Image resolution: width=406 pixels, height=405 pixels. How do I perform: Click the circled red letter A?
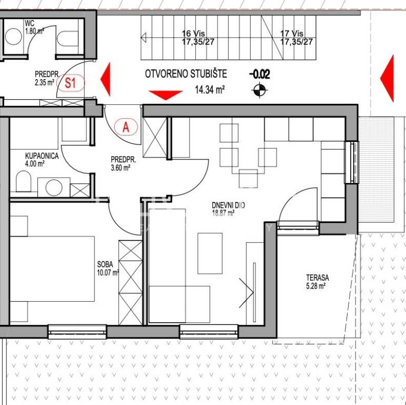pyautogui.click(x=126, y=127)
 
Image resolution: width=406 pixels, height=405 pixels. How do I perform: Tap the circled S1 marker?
pyautogui.click(x=71, y=83)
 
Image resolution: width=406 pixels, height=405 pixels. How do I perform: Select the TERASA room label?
pyautogui.click(x=318, y=278)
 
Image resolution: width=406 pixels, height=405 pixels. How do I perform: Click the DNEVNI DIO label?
pyautogui.click(x=228, y=205)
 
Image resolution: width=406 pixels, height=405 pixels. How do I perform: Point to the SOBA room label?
pyautogui.click(x=105, y=265)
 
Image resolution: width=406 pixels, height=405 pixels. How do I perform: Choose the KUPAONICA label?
pyautogui.click(x=42, y=156)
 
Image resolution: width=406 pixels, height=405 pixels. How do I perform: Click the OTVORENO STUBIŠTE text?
pyautogui.click(x=186, y=74)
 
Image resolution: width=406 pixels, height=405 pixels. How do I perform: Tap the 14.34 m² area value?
pyautogui.click(x=210, y=90)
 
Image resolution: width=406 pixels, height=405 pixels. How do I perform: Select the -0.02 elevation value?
pyautogui.click(x=260, y=74)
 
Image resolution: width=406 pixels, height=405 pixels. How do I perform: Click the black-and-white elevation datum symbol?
pyautogui.click(x=260, y=90)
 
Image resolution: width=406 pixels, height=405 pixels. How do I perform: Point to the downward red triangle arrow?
pyautogui.click(x=166, y=95)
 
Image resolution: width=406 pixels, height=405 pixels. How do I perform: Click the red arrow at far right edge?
pyautogui.click(x=387, y=78)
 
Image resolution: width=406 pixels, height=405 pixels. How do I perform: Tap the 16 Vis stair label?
pyautogui.click(x=193, y=33)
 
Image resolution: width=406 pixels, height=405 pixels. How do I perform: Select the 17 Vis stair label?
pyautogui.click(x=292, y=33)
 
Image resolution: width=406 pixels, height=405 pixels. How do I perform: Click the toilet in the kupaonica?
pyautogui.click(x=24, y=181)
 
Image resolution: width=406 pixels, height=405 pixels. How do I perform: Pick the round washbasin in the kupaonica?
pyautogui.click(x=54, y=187)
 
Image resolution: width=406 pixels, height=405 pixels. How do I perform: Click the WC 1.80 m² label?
pyautogui.click(x=34, y=27)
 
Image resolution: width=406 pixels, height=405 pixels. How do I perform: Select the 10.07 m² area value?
pyautogui.click(x=108, y=273)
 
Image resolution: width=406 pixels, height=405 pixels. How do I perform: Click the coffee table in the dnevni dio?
pyautogui.click(x=210, y=253)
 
